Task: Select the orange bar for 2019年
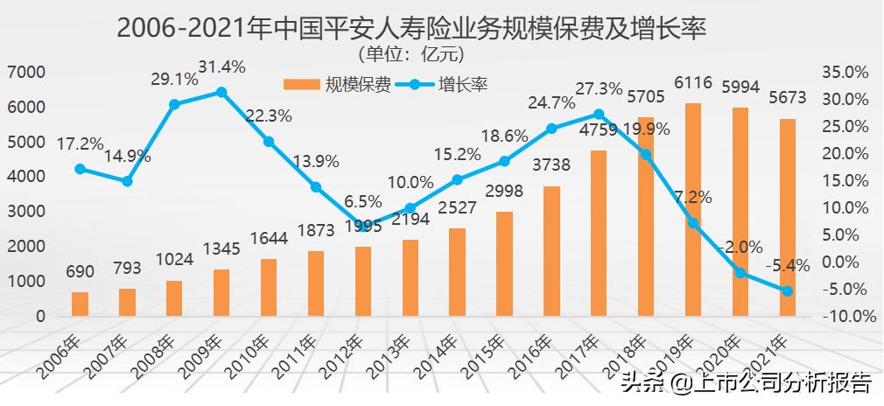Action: (693, 210)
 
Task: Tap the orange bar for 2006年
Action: (80, 304)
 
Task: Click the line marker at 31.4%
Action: (221, 92)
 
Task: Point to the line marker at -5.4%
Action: (788, 291)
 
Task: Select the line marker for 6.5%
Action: (363, 225)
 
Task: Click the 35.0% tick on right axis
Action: (845, 72)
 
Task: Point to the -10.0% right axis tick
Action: (845, 317)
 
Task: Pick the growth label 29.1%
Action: (174, 79)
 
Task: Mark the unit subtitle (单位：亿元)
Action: (410, 54)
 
